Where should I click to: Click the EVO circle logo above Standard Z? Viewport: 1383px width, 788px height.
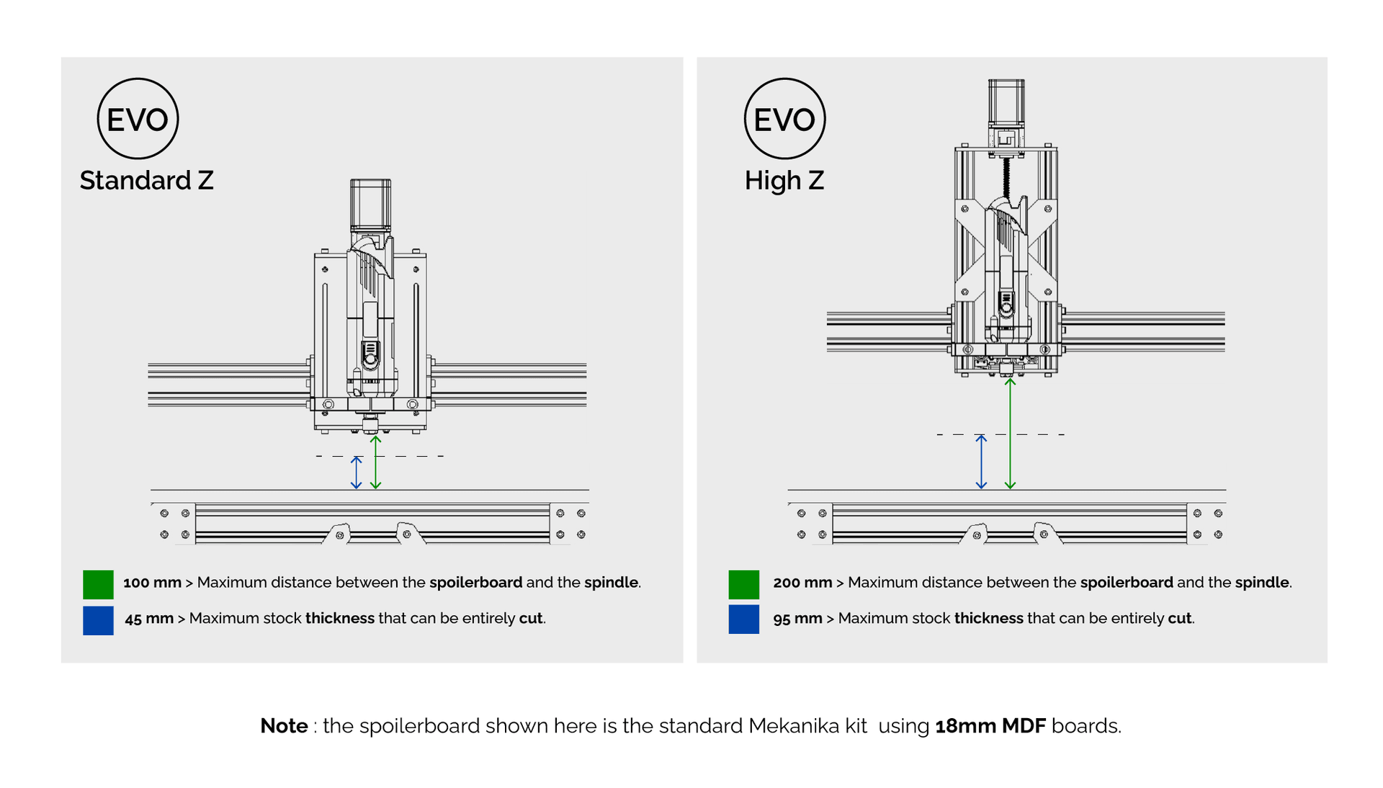[x=138, y=119]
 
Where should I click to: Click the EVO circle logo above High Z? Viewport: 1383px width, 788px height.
[x=784, y=119]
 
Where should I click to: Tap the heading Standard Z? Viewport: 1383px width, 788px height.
[x=146, y=180]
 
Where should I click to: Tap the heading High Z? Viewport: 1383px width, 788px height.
[x=784, y=180]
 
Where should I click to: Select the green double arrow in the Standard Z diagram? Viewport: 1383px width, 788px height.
[x=375, y=462]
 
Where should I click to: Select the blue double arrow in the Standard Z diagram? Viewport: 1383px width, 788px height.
[x=356, y=473]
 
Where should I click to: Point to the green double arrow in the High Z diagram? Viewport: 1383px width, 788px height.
[x=1010, y=432]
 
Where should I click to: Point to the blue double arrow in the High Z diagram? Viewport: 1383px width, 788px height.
[x=980, y=462]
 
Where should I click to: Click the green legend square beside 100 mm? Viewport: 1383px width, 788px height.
[x=98, y=584]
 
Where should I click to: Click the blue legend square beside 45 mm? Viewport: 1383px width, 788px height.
[x=98, y=620]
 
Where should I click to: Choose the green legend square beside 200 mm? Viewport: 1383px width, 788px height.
[x=743, y=584]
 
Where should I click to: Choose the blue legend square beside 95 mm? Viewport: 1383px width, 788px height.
[x=743, y=619]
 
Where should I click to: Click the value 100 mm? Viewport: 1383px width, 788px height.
[x=152, y=583]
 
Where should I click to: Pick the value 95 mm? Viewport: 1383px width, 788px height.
[x=797, y=619]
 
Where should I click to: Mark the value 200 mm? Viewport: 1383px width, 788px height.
[x=802, y=583]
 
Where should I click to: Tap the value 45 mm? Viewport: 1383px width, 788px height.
[x=149, y=619]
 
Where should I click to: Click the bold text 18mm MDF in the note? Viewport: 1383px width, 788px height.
[x=990, y=726]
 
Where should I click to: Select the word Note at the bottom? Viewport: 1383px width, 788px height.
[x=284, y=726]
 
